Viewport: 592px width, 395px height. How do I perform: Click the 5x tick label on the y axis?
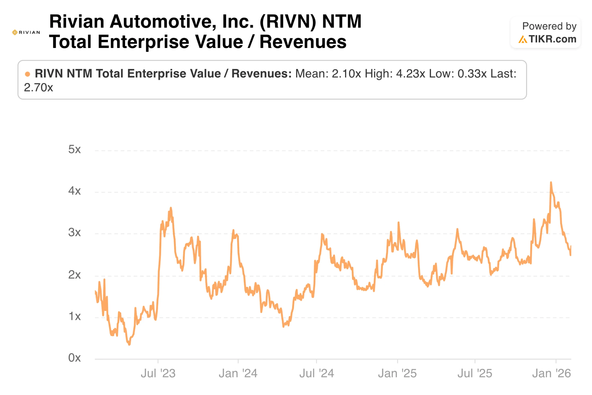pos(74,149)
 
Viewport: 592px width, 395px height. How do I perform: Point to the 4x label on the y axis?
pos(74,191)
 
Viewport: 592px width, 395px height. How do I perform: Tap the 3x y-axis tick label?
pos(74,232)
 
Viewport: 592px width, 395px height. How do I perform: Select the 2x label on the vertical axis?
pos(74,275)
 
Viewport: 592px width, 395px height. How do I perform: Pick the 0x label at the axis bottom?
pos(74,358)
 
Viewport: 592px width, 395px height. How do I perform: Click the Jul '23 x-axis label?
pos(158,373)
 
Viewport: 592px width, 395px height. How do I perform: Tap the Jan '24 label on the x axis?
pos(238,373)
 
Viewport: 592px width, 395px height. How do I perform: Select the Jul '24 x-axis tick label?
pos(317,373)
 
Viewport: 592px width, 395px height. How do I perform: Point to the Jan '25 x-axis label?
pos(397,373)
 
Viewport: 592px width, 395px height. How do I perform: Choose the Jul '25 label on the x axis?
pos(475,373)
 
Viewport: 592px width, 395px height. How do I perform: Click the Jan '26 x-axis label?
pos(552,373)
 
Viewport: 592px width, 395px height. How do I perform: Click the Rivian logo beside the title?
pos(26,32)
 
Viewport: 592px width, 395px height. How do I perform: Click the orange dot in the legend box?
pos(28,74)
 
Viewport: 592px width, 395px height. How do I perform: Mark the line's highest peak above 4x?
pos(551,182)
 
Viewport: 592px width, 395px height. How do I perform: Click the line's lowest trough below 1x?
pos(129,344)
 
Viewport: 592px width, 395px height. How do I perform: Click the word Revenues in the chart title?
pos(303,42)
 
